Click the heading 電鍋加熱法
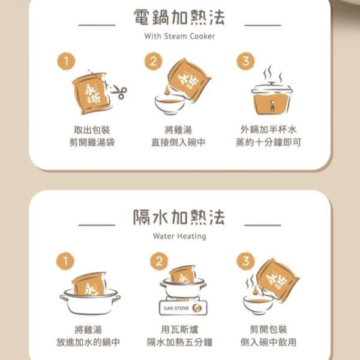179,18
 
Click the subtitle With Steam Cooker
179,36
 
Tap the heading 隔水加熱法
179,218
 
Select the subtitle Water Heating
179,236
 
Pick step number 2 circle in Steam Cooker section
154,61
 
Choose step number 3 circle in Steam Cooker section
245,61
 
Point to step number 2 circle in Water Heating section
159,261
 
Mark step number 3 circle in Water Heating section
245,261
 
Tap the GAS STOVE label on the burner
176,308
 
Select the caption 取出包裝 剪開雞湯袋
92,136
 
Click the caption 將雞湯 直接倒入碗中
178,136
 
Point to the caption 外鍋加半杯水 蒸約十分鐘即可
268,136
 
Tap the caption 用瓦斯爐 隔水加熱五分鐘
179,335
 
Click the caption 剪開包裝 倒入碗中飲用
268,335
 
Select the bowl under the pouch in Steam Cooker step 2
170,104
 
